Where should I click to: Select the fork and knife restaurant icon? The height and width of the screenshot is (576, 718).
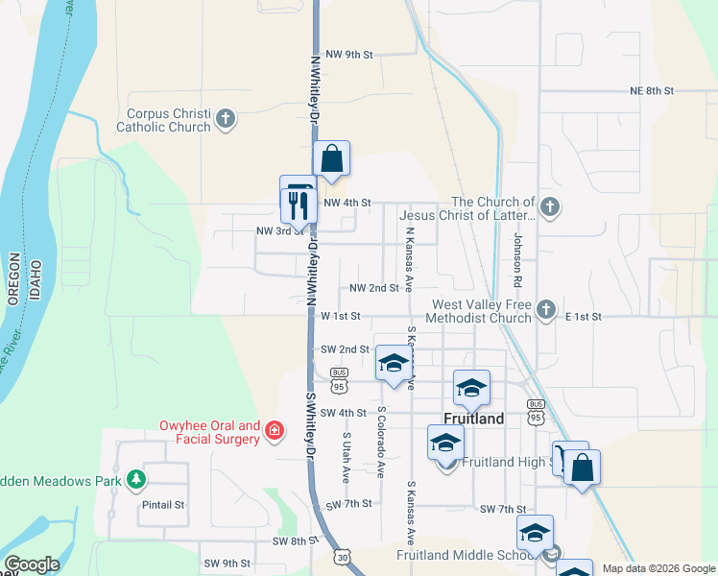(x=298, y=204)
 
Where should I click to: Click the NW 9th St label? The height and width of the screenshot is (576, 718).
(x=348, y=55)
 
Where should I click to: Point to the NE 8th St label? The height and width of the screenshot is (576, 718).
(x=652, y=90)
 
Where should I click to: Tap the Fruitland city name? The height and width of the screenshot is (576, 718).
(x=475, y=419)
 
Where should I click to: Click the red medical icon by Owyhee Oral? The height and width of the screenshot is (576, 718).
(x=274, y=430)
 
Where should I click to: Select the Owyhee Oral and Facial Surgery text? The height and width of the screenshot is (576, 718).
(x=209, y=432)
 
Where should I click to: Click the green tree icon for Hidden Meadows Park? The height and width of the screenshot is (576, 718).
(x=136, y=479)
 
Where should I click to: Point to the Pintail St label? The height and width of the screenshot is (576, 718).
(x=162, y=505)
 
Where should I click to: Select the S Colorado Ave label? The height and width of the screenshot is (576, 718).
(x=381, y=443)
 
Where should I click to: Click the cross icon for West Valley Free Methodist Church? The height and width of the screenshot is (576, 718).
(x=546, y=309)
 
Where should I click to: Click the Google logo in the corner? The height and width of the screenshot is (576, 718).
(x=32, y=564)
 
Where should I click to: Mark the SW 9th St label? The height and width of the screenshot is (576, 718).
(x=227, y=563)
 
